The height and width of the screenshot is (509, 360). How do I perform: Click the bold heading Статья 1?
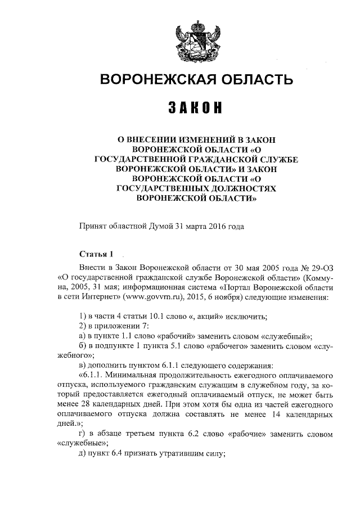[97, 253]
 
